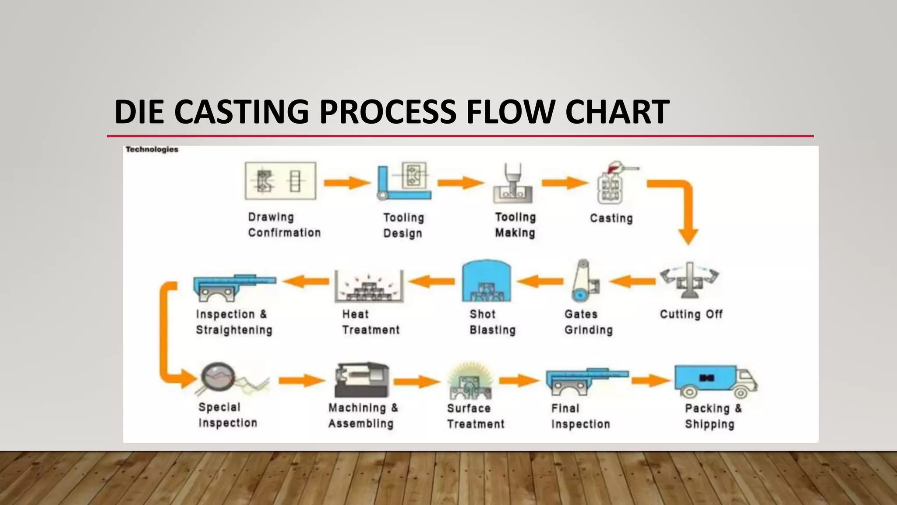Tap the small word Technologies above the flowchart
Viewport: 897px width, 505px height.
pyautogui.click(x=152, y=149)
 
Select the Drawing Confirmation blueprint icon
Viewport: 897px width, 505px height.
pyautogui.click(x=280, y=181)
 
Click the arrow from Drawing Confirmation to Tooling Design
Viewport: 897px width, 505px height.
pyautogui.click(x=346, y=182)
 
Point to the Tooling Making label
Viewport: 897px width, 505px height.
pyautogui.click(x=515, y=225)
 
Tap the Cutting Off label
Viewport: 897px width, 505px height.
pyautogui.click(x=691, y=314)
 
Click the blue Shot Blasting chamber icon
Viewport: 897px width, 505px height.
pyautogui.click(x=486, y=281)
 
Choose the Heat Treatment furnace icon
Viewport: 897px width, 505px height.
pyautogui.click(x=369, y=286)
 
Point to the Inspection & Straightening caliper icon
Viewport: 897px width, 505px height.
pyautogui.click(x=234, y=287)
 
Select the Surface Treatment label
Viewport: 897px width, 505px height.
pyautogui.click(x=475, y=416)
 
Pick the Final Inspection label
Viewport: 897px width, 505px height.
pyautogui.click(x=580, y=416)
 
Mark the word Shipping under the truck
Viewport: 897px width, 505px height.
pyautogui.click(x=709, y=424)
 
